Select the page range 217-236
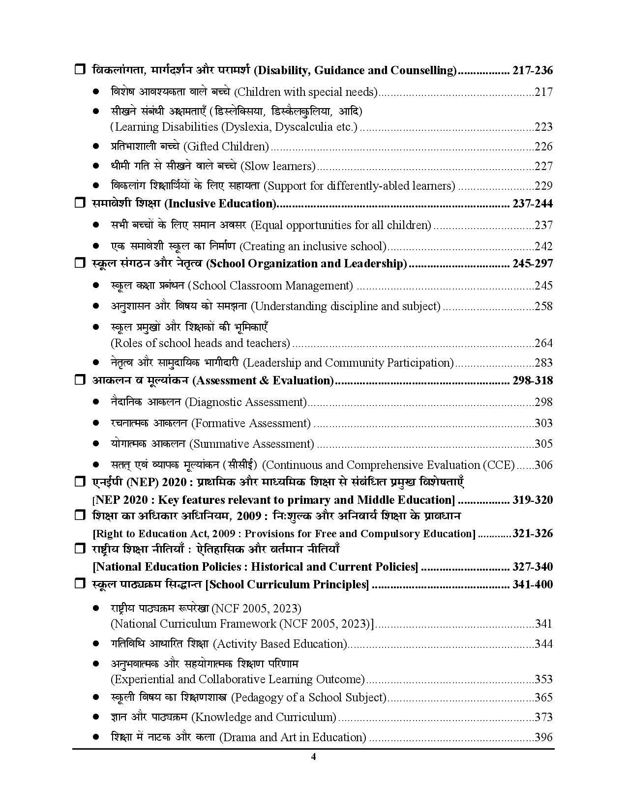[532, 71]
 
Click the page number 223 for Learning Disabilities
[543, 127]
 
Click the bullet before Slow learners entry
[96, 166]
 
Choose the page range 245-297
[532, 264]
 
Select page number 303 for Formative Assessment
[543, 423]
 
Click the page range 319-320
[532, 500]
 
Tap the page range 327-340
[532, 567]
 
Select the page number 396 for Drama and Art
[543, 737]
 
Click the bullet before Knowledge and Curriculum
[96, 717]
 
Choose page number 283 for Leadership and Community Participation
[543, 363]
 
